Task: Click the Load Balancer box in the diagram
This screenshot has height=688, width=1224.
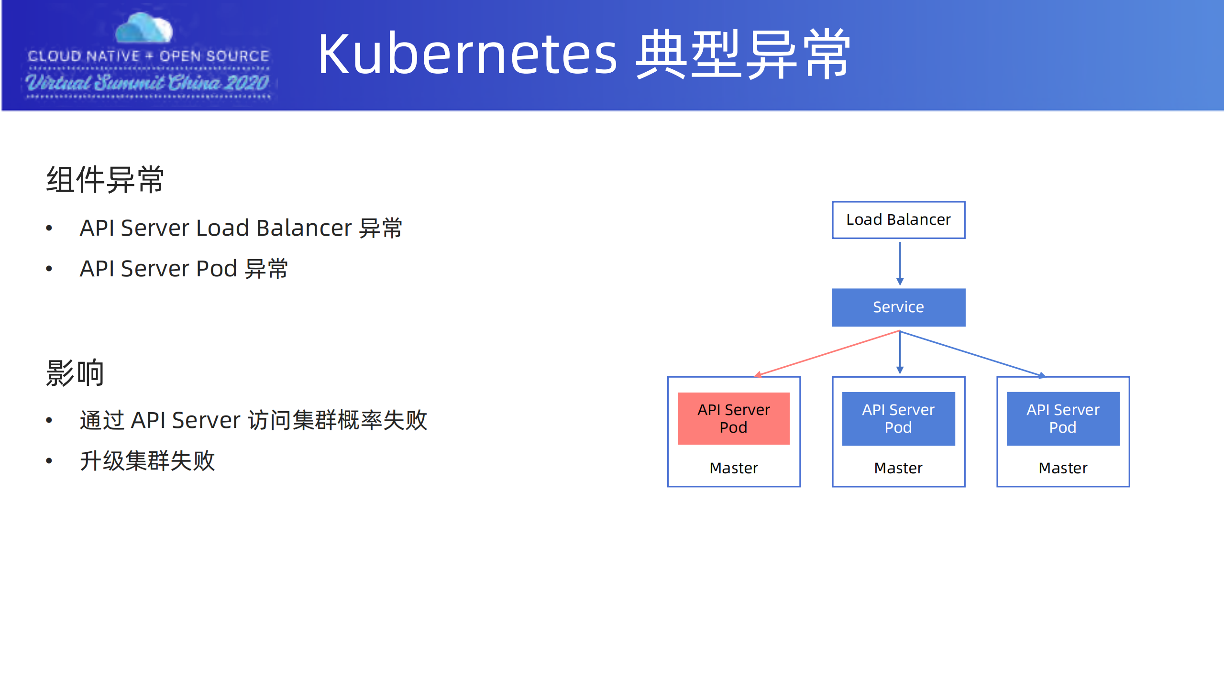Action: [898, 219]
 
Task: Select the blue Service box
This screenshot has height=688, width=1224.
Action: [898, 307]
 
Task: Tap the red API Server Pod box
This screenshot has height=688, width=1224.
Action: [733, 418]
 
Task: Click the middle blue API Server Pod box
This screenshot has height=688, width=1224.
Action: [898, 418]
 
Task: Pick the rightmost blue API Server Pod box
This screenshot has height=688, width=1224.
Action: [1062, 418]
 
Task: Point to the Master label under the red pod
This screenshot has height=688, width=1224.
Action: [733, 468]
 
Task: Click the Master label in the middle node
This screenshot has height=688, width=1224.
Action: [898, 468]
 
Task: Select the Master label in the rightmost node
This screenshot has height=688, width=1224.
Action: [1062, 468]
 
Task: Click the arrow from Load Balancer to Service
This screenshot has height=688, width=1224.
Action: [899, 263]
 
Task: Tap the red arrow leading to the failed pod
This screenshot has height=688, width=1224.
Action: [827, 353]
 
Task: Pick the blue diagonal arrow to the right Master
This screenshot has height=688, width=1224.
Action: [971, 353]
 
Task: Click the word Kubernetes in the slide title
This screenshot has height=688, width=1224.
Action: [467, 54]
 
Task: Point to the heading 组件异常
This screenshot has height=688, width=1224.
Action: [105, 180]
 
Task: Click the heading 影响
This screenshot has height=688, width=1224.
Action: [75, 372]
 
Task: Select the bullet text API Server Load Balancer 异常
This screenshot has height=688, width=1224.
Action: [241, 228]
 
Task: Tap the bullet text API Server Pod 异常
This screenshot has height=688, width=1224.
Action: [184, 269]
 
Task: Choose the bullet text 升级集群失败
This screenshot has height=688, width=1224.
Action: [147, 461]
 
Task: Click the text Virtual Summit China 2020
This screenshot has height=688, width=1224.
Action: [147, 83]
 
